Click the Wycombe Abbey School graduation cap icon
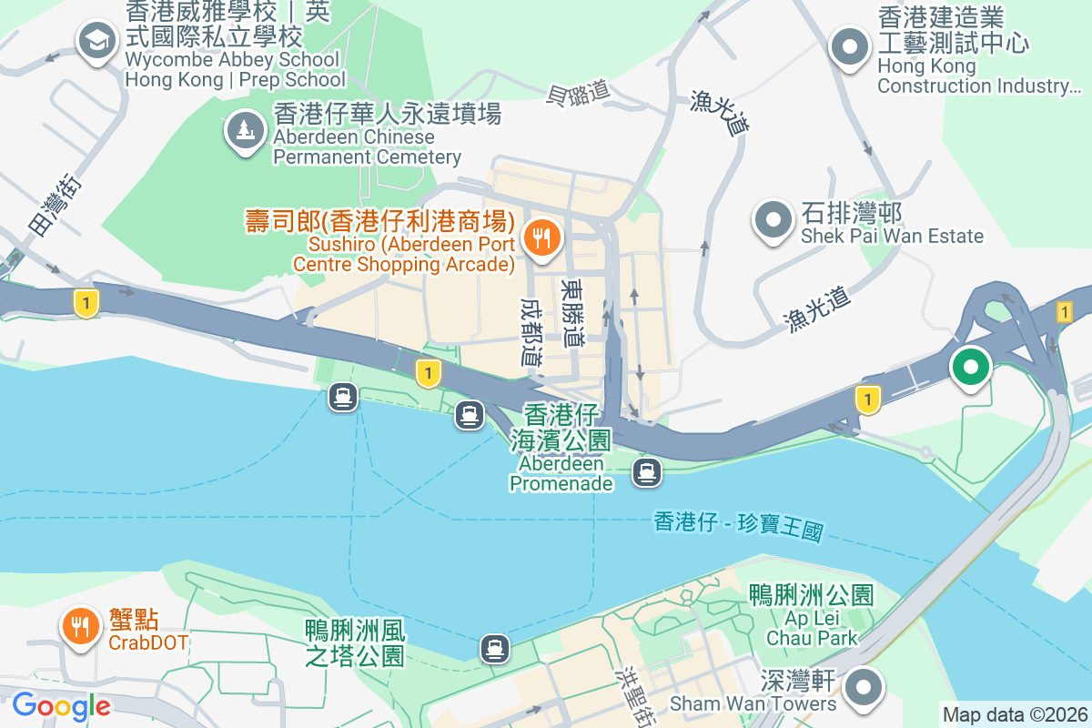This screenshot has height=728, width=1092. [96, 40]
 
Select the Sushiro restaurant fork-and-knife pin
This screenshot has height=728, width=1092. [543, 239]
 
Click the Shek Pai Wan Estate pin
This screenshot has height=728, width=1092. [773, 219]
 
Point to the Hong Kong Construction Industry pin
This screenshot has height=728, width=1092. [850, 46]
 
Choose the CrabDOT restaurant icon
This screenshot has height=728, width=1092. [81, 626]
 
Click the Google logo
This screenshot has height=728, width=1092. [61, 706]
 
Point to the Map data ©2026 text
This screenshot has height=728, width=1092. [1014, 715]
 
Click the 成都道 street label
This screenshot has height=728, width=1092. [532, 332]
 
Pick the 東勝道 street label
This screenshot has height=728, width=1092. [573, 312]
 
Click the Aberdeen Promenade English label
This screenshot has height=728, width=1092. [561, 473]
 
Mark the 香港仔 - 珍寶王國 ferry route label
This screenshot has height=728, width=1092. [738, 526]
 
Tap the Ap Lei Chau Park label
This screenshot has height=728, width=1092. [813, 628]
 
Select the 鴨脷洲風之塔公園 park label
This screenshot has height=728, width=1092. [355, 642]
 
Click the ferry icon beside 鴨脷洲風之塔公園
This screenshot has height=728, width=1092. [495, 648]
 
